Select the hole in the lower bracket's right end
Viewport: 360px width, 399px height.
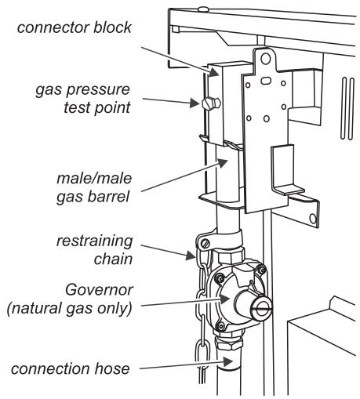pos(314,212)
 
